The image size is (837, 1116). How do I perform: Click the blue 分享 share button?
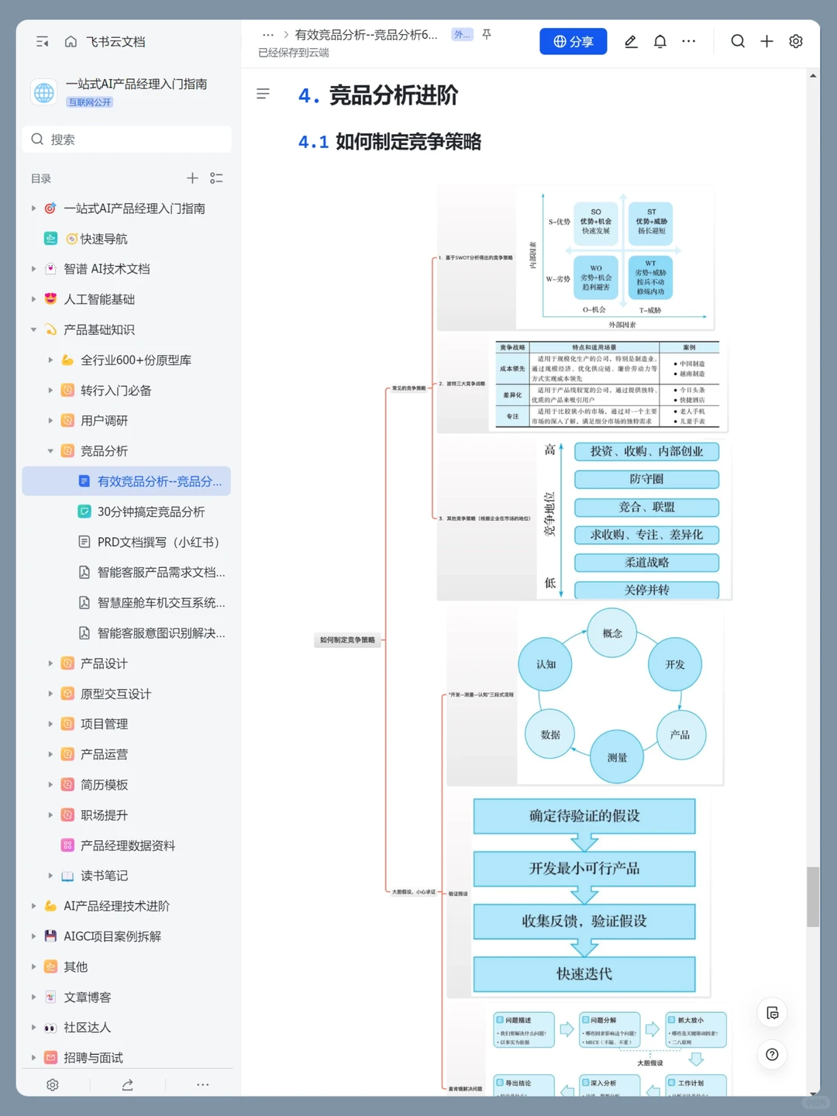point(573,42)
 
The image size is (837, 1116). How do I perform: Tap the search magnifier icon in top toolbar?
point(737,42)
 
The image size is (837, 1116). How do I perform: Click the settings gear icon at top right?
point(795,42)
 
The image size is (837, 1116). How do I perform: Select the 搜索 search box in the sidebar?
point(128,139)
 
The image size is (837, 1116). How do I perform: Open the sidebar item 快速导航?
point(104,239)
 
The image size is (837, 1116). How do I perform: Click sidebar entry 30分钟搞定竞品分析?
point(150,511)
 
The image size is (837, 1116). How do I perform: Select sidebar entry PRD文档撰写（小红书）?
point(158,542)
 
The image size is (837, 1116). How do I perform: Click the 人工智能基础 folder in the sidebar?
point(99,299)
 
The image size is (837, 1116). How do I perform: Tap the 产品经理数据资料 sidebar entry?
point(128,846)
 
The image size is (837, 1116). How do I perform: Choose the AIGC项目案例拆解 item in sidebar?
point(112,936)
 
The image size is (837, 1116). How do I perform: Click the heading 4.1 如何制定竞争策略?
point(390,142)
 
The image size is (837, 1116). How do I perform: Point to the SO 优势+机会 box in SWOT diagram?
point(595,222)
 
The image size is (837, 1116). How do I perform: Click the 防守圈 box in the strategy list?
point(646,479)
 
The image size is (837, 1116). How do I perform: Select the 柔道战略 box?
point(646,563)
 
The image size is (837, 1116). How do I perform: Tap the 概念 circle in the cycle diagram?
point(612,633)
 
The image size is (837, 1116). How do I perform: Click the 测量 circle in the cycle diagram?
point(617,757)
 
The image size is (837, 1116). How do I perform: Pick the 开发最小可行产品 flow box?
point(584,868)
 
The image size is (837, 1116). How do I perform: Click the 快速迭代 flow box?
point(584,973)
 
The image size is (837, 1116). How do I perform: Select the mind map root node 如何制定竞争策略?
point(348,640)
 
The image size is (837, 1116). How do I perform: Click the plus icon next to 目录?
point(192,178)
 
